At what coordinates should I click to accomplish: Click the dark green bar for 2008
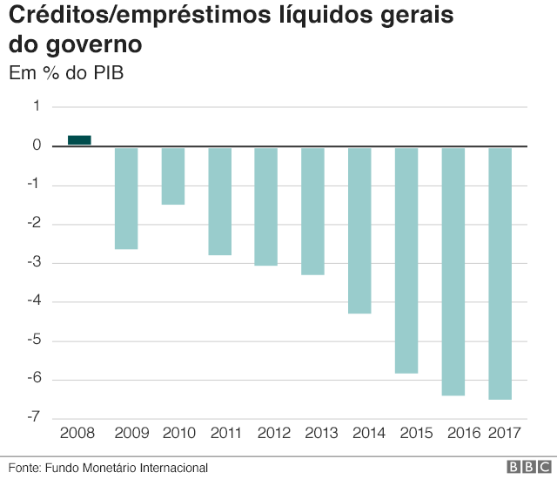pos(79,140)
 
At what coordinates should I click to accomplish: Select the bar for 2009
pos(126,199)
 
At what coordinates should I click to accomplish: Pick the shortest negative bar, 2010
pos(173,176)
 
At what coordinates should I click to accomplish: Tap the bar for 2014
pos(359,231)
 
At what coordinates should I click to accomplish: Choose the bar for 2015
pos(406,260)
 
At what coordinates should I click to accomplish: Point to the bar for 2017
pos(500,273)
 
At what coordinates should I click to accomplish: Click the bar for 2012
pos(266,206)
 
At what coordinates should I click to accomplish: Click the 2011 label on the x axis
pos(226,433)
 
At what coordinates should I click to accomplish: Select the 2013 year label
pos(320,433)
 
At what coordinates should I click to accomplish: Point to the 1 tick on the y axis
pos(37,106)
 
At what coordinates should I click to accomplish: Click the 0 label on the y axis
pos(37,145)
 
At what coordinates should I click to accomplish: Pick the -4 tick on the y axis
pos(34,301)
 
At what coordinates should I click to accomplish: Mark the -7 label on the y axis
pos(34,418)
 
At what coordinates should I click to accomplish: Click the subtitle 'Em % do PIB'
pos(66,73)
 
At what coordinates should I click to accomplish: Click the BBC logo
pos(526,467)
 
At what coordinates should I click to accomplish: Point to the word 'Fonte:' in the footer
pos(24,468)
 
